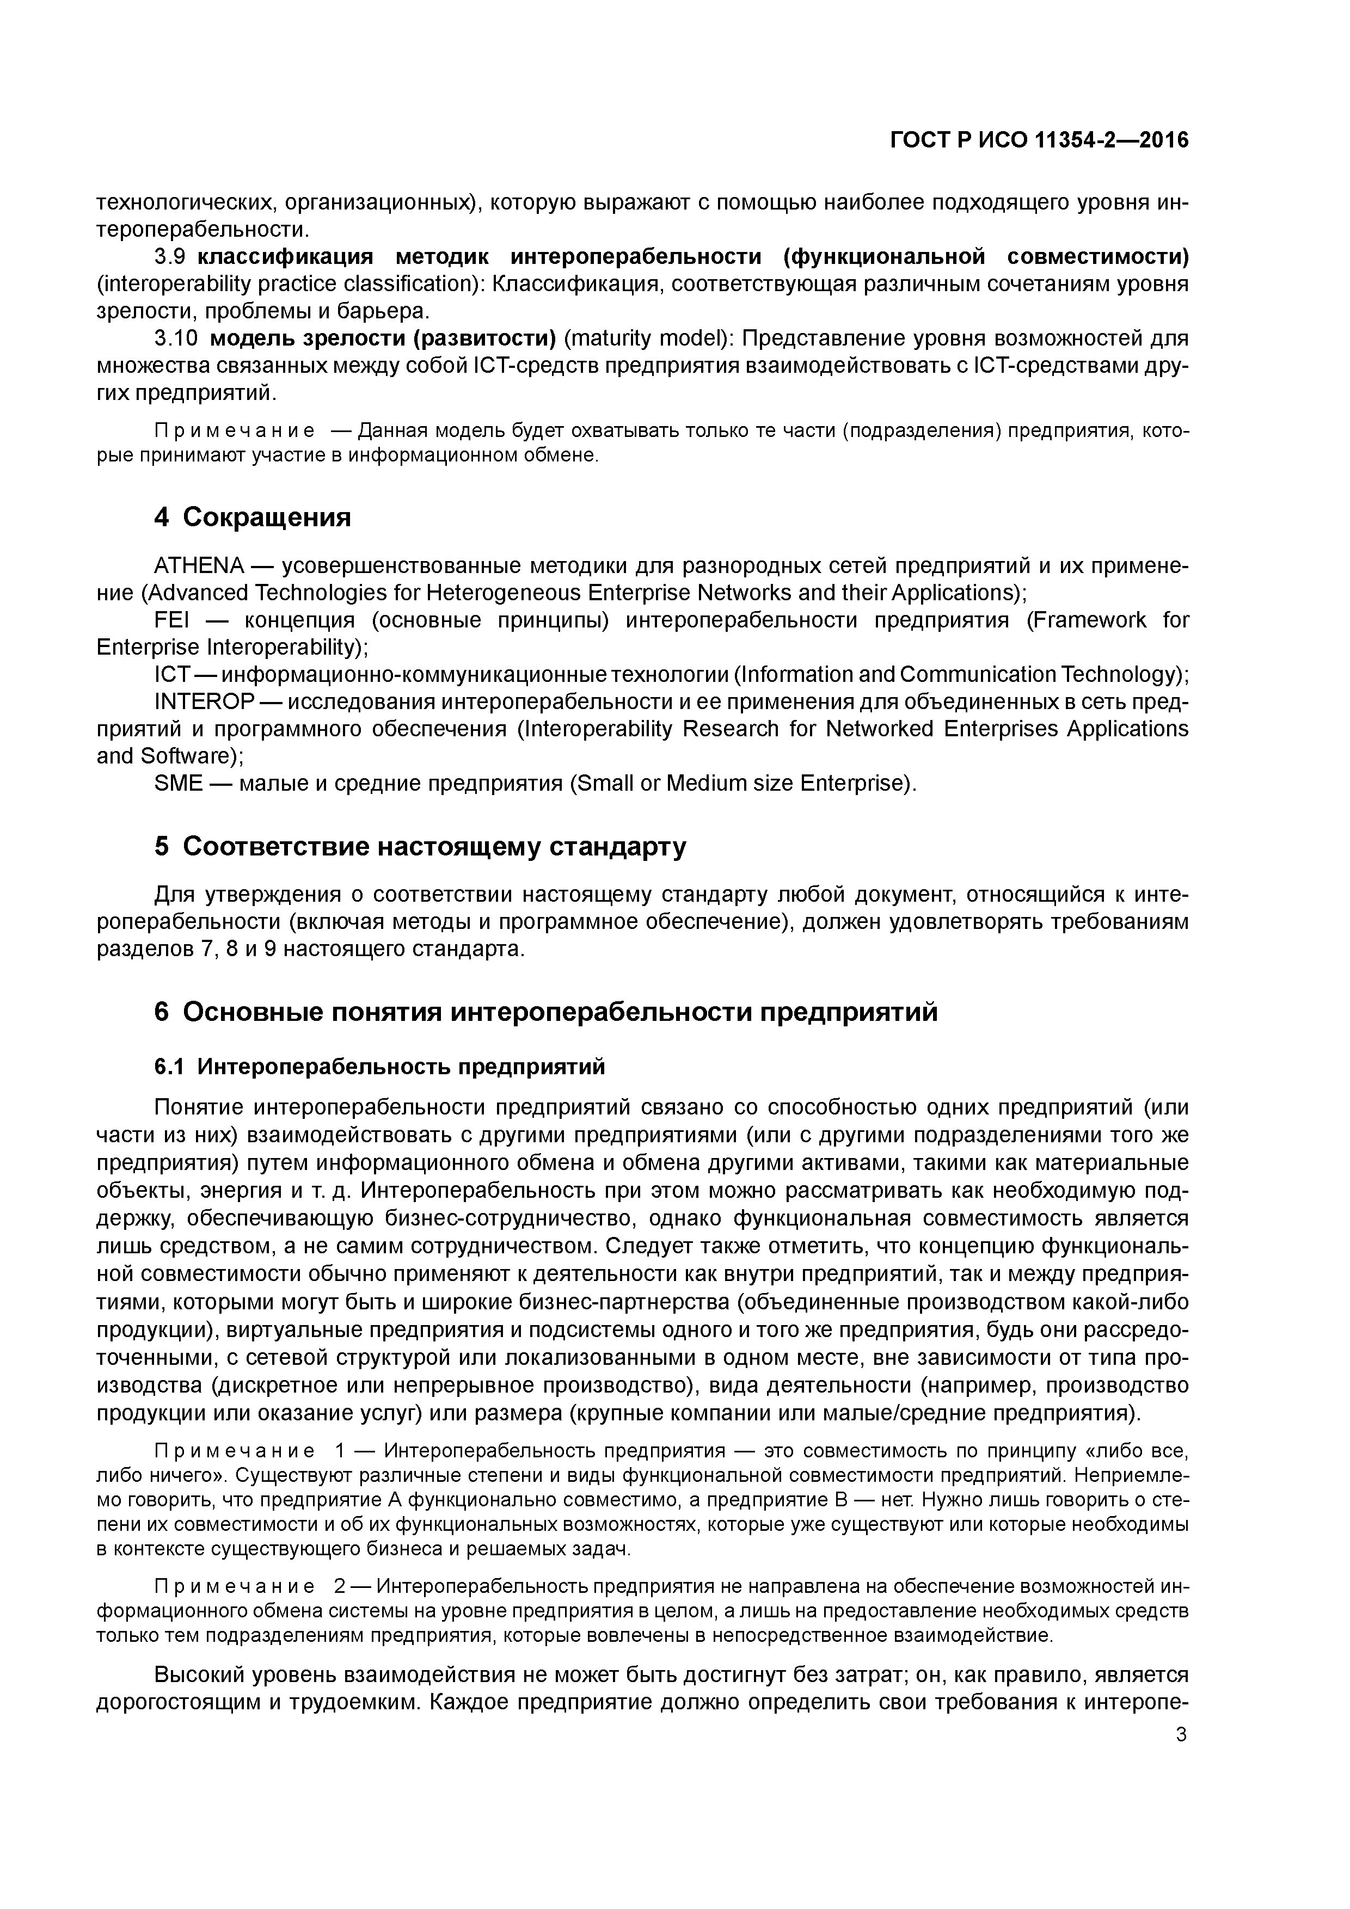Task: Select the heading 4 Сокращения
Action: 252,517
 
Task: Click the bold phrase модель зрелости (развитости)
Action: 383,338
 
